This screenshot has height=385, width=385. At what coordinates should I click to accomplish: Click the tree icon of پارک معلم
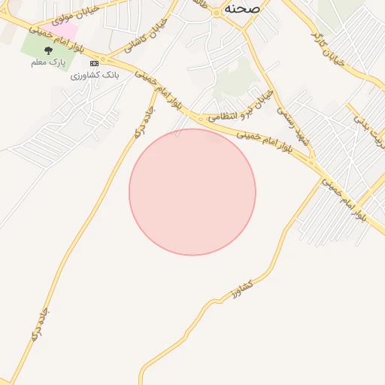49,50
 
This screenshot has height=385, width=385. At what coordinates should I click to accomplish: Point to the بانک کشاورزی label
95,75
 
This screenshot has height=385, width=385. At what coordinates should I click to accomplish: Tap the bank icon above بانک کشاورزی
94,64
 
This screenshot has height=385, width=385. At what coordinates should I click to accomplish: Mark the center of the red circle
192,192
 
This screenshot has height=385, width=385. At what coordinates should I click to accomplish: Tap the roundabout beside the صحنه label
217,12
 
